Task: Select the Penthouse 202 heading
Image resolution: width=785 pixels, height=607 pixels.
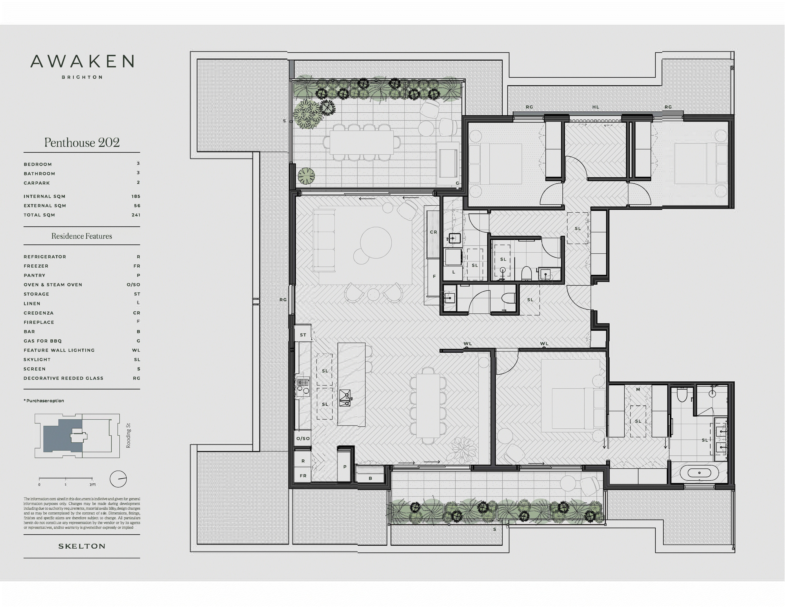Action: click(x=82, y=143)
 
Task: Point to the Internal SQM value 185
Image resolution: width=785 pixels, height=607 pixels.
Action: click(x=135, y=196)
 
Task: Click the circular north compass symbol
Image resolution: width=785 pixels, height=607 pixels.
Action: click(x=118, y=479)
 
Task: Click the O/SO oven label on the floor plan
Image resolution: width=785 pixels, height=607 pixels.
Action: click(x=303, y=438)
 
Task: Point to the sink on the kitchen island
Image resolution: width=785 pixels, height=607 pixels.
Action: click(x=345, y=398)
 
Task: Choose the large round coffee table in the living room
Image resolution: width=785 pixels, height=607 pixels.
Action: click(x=376, y=243)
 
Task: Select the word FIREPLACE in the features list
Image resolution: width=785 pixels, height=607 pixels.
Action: click(x=39, y=322)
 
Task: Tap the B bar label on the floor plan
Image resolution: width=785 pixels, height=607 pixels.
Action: click(x=370, y=478)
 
